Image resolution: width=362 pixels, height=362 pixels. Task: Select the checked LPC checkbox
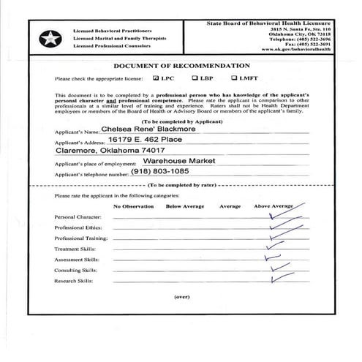(x=156, y=78)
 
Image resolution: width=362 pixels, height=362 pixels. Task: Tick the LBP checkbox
(x=195, y=78)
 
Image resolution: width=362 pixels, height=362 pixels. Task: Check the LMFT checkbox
(x=234, y=78)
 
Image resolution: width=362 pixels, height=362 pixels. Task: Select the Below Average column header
(x=184, y=207)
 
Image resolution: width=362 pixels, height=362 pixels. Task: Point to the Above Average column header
(x=273, y=207)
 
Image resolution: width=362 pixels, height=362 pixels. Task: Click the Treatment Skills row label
(x=74, y=249)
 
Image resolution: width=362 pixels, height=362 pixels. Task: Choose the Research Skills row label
(x=73, y=280)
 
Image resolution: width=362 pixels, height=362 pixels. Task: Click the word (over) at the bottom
(x=181, y=297)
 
